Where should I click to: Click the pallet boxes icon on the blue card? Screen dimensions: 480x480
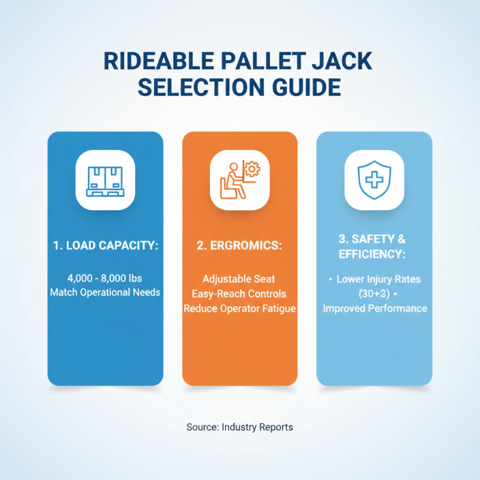pyautogui.click(x=105, y=179)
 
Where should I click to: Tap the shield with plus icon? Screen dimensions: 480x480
pyautogui.click(x=374, y=179)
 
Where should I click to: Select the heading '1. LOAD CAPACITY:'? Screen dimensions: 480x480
pyautogui.click(x=105, y=245)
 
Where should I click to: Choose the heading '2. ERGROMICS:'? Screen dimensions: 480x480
pyautogui.click(x=239, y=245)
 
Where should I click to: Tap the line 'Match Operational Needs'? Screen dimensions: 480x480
pyautogui.click(x=105, y=293)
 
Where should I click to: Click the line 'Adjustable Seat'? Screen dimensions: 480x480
pyautogui.click(x=239, y=279)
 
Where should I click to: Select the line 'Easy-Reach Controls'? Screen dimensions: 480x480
pyautogui.click(x=239, y=294)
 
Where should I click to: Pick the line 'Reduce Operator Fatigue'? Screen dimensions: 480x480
pyautogui.click(x=239, y=308)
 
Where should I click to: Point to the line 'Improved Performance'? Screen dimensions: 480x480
pyautogui.click(x=375, y=308)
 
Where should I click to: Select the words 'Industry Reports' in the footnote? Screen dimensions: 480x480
pyautogui.click(x=257, y=427)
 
